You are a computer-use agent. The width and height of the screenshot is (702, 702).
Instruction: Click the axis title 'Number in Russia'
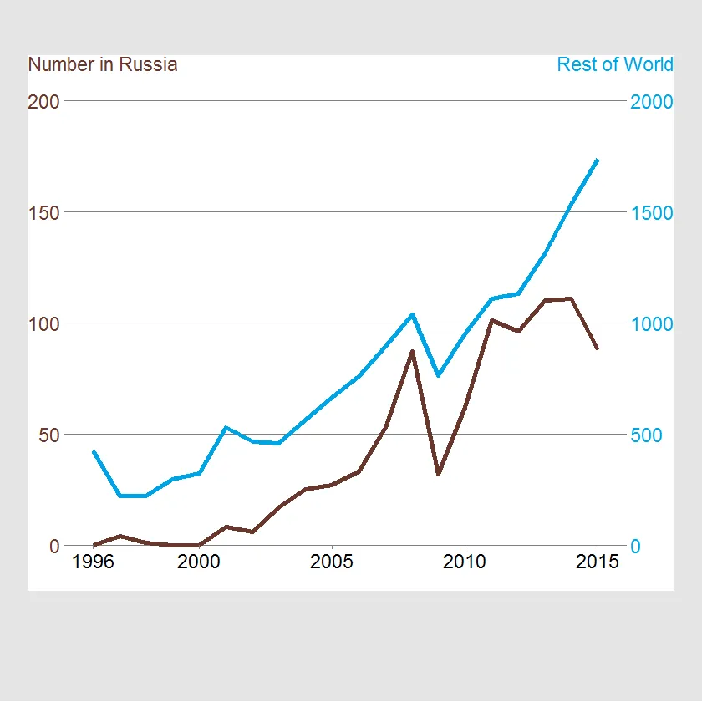[x=103, y=64]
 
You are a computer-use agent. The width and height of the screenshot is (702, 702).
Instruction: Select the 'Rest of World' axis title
[x=614, y=64]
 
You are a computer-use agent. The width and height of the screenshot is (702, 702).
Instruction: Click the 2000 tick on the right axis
[x=652, y=101]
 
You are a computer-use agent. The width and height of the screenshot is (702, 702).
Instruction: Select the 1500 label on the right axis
[x=652, y=212]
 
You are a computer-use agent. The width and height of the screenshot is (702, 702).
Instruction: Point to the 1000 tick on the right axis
[x=652, y=323]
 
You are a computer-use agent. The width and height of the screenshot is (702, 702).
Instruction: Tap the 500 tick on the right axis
[x=647, y=435]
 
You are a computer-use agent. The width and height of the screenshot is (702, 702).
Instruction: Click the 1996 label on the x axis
[x=94, y=562]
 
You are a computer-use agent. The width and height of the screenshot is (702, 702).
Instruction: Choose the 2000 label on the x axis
[x=199, y=562]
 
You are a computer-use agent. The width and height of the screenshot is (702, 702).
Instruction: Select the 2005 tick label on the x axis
[x=332, y=562]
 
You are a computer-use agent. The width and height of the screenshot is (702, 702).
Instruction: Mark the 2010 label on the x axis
[x=465, y=562]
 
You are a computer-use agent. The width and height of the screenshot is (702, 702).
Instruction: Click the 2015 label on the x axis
[x=598, y=562]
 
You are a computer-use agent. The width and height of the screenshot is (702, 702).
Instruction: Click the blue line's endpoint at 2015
[x=598, y=160]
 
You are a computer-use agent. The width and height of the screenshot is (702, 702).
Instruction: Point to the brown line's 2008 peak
[x=412, y=351]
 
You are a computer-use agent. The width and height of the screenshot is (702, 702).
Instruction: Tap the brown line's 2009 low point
[x=438, y=474]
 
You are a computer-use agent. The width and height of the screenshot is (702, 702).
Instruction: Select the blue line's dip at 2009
[x=438, y=375]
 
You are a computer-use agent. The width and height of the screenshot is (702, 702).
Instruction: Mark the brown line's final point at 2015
[x=598, y=348]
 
